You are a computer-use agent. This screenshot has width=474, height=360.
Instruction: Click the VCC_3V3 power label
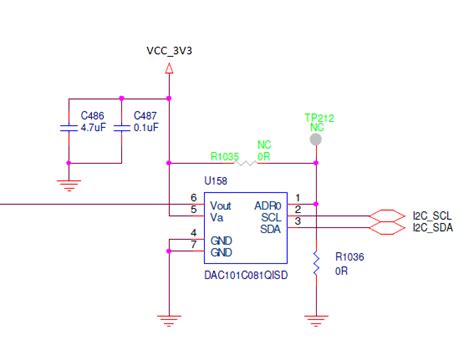point(169,49)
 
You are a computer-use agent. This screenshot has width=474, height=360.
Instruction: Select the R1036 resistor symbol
point(316,264)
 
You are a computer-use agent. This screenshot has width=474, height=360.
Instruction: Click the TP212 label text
point(317,117)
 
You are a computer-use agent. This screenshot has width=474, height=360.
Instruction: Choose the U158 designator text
point(217,182)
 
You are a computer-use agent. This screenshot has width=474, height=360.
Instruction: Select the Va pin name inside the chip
point(217,216)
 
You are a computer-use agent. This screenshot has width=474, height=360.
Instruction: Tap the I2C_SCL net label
point(432,216)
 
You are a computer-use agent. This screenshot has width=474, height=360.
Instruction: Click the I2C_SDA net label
point(432,228)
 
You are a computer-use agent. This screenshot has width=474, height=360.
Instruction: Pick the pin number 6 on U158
point(193,197)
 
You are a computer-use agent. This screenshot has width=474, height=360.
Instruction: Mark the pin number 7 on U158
point(193,245)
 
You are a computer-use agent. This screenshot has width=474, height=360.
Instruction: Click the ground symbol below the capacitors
point(67,184)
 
